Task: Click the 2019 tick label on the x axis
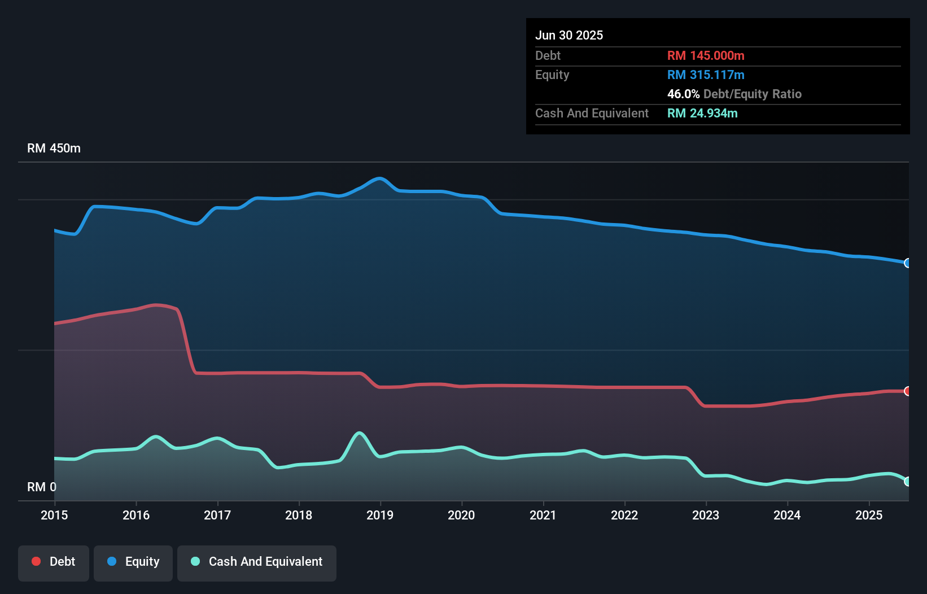(380, 515)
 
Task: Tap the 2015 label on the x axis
(54, 515)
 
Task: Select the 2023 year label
(706, 515)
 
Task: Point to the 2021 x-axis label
(543, 515)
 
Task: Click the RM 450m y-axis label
(54, 148)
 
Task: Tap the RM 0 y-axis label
(42, 487)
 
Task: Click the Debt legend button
(54, 562)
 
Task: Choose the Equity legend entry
(133, 562)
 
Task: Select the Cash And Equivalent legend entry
(257, 562)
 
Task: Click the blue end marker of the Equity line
(907, 263)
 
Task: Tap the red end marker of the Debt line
(907, 391)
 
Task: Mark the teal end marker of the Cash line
(907, 482)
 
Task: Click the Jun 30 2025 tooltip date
(569, 35)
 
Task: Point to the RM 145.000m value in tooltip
(706, 55)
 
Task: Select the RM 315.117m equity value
(706, 75)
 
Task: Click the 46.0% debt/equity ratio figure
(683, 94)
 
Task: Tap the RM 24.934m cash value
(702, 113)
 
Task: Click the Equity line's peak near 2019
(380, 178)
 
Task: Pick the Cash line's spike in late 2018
(358, 433)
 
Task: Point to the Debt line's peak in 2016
(156, 305)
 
